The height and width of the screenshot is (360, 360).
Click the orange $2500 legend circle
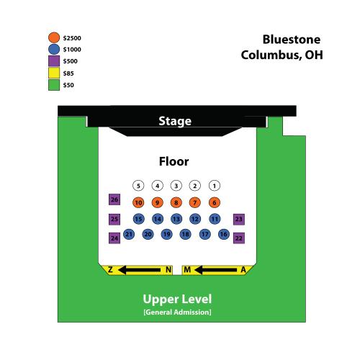click(54, 37)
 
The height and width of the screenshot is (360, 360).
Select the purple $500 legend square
click(54, 61)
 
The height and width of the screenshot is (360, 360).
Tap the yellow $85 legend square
click(54, 73)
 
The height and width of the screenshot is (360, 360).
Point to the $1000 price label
click(72, 50)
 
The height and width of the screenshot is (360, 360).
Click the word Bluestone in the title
click(292, 40)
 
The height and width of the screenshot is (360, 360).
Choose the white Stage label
click(175, 121)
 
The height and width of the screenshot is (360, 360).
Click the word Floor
click(174, 161)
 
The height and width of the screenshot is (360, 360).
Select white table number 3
click(176, 186)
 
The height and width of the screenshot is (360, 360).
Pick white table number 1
click(215, 186)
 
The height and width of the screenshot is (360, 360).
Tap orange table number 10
click(138, 202)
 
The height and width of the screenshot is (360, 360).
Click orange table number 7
click(195, 202)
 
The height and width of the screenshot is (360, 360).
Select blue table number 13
click(176, 219)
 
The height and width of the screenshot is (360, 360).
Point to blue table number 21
click(129, 234)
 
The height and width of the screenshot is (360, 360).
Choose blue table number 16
click(224, 234)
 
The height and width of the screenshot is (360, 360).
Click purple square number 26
click(114, 199)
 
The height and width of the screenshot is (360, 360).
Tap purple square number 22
click(239, 238)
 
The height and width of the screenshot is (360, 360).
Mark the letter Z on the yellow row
click(110, 269)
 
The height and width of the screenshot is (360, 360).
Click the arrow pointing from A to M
click(215, 270)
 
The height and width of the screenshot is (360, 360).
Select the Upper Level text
click(177, 300)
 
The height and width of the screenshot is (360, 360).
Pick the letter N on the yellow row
click(168, 270)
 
